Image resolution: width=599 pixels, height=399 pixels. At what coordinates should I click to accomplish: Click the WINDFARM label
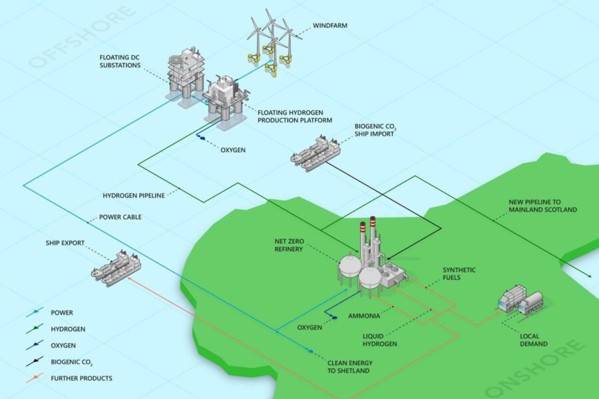pos(330,25)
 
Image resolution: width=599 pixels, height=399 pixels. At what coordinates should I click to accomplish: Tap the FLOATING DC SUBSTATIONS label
pos(120,61)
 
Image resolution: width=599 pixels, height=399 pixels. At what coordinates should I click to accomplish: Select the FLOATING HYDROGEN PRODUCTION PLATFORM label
pos(295,116)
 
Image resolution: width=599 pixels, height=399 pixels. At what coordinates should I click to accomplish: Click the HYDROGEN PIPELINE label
pos(134,196)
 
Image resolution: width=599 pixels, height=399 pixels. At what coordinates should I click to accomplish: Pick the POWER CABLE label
pos(120,217)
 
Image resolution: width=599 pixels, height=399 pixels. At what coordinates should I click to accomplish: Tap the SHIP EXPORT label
pos(65,243)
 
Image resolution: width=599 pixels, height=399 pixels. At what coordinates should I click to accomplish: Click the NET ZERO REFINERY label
pos(290,245)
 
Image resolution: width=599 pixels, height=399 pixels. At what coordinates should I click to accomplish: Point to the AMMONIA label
pos(364,316)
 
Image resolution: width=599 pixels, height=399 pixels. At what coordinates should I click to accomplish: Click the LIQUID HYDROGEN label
pos(380,340)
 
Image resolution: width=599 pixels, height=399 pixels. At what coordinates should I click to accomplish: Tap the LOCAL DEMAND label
pos(534,340)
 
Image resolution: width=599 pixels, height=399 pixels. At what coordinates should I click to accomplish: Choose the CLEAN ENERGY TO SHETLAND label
pos(349,366)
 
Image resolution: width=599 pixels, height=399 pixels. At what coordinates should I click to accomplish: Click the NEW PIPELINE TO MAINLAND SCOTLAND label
pos(542,205)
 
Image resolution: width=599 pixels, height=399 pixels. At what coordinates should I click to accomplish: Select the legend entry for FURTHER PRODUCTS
pos(69,378)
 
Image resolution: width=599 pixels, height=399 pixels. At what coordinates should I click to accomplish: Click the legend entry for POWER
pos(50,313)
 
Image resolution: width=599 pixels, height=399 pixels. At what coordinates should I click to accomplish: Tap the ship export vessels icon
pos(116,268)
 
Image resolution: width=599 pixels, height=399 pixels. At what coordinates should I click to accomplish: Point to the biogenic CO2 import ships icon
pos(315,153)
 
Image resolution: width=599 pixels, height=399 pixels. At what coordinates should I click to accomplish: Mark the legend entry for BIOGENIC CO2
pos(60,362)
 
